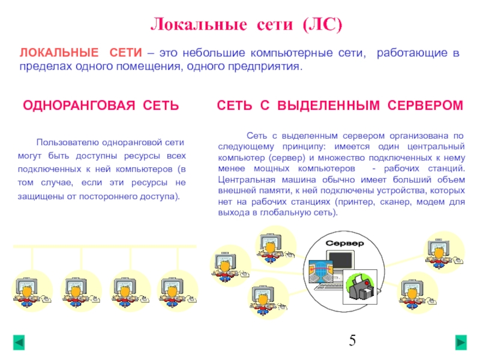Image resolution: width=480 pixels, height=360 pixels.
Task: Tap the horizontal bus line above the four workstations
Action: (104, 247)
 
